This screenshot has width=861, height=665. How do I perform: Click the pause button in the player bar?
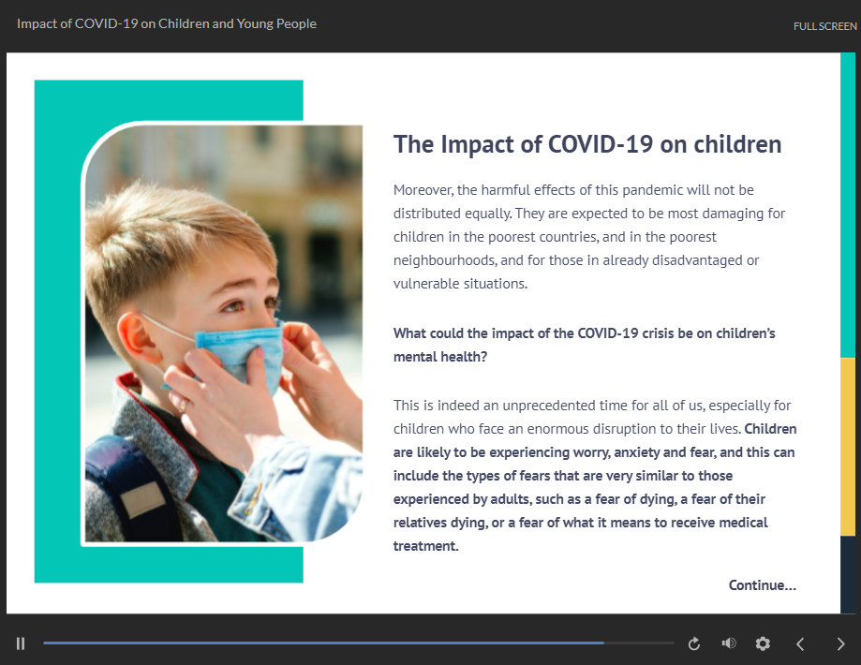click(21, 643)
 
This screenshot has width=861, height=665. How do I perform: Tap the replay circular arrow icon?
click(694, 643)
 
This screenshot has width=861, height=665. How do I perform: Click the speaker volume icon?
click(729, 643)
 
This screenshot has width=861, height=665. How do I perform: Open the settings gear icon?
click(763, 643)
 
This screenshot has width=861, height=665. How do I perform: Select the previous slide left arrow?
click(800, 643)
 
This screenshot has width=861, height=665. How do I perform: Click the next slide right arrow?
click(840, 643)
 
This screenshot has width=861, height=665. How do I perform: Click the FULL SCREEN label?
click(824, 26)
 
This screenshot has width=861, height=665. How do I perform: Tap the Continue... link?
click(763, 585)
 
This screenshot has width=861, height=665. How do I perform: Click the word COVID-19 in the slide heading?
click(601, 144)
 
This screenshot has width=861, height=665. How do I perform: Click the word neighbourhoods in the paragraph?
click(445, 260)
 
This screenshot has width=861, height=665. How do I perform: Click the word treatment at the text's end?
click(424, 546)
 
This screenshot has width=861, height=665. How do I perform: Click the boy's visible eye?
click(234, 305)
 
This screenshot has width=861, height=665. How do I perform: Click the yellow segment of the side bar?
click(848, 447)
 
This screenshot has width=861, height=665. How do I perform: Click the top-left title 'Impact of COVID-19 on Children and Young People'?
click(167, 24)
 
